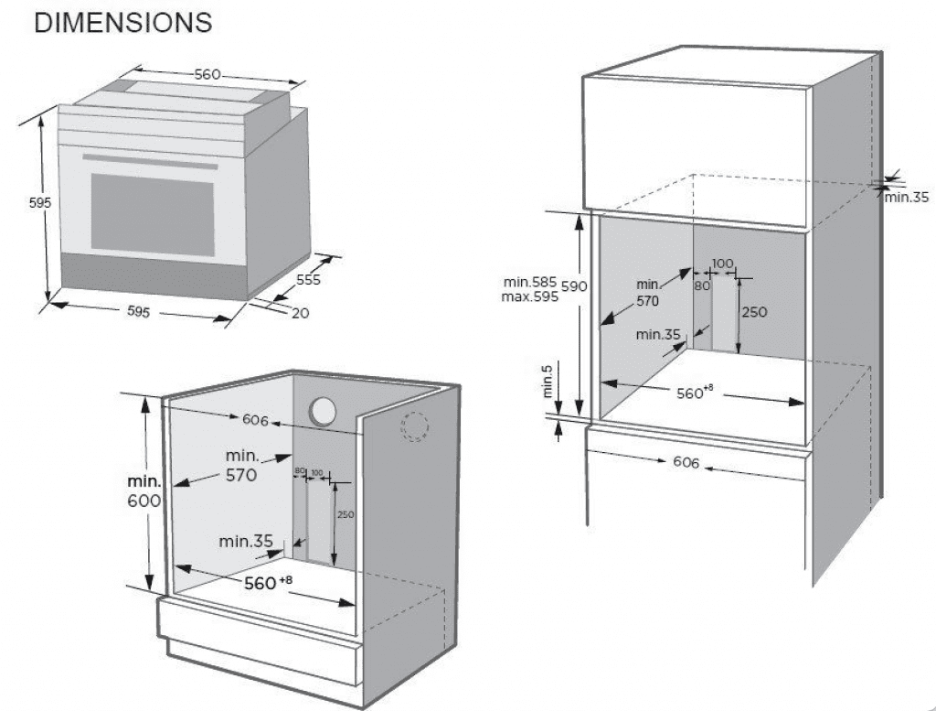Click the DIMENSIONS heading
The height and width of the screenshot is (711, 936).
click(x=122, y=24)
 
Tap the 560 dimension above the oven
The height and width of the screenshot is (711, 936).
click(x=207, y=74)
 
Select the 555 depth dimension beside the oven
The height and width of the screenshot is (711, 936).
click(x=308, y=279)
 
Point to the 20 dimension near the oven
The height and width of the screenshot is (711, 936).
click(x=301, y=313)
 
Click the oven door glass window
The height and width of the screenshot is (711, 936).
click(x=152, y=217)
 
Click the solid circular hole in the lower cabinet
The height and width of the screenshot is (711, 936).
click(x=323, y=412)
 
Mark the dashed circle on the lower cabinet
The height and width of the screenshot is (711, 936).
click(x=416, y=426)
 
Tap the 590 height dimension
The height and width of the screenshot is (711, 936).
click(x=573, y=286)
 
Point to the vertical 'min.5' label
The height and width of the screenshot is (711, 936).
click(x=548, y=381)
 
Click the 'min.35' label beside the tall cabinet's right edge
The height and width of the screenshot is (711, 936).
click(x=906, y=197)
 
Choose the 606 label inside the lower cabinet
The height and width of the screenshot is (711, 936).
click(x=255, y=420)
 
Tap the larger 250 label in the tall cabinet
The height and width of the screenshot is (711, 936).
click(x=754, y=311)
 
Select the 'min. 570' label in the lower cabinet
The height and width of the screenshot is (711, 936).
click(x=239, y=465)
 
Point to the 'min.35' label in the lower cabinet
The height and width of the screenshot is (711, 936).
click(x=246, y=541)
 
